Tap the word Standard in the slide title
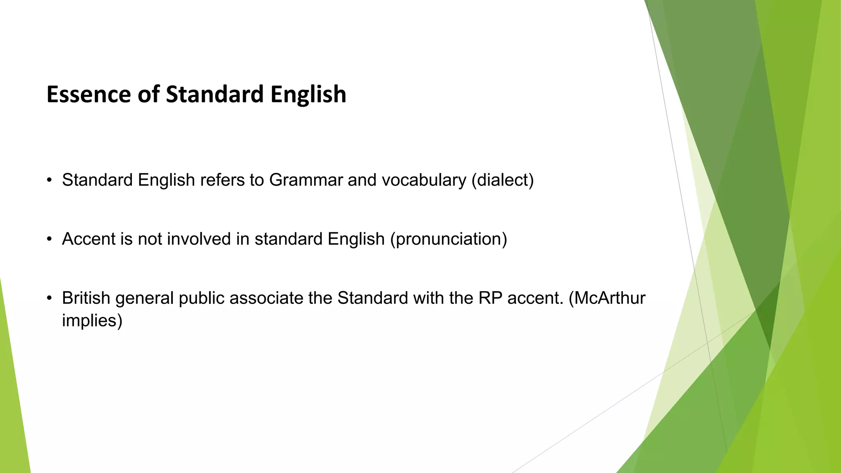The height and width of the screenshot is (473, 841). pos(215,94)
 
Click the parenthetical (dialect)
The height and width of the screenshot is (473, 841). pos(503,180)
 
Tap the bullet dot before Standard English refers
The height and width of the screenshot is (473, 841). pos(49,180)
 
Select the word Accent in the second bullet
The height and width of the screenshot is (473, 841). pos(88,239)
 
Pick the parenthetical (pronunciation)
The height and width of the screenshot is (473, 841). pos(448,239)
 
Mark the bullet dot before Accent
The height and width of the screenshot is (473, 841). pos(49,239)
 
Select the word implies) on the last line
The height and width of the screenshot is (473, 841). pos(92,321)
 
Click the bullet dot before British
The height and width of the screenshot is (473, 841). pos(49,298)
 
